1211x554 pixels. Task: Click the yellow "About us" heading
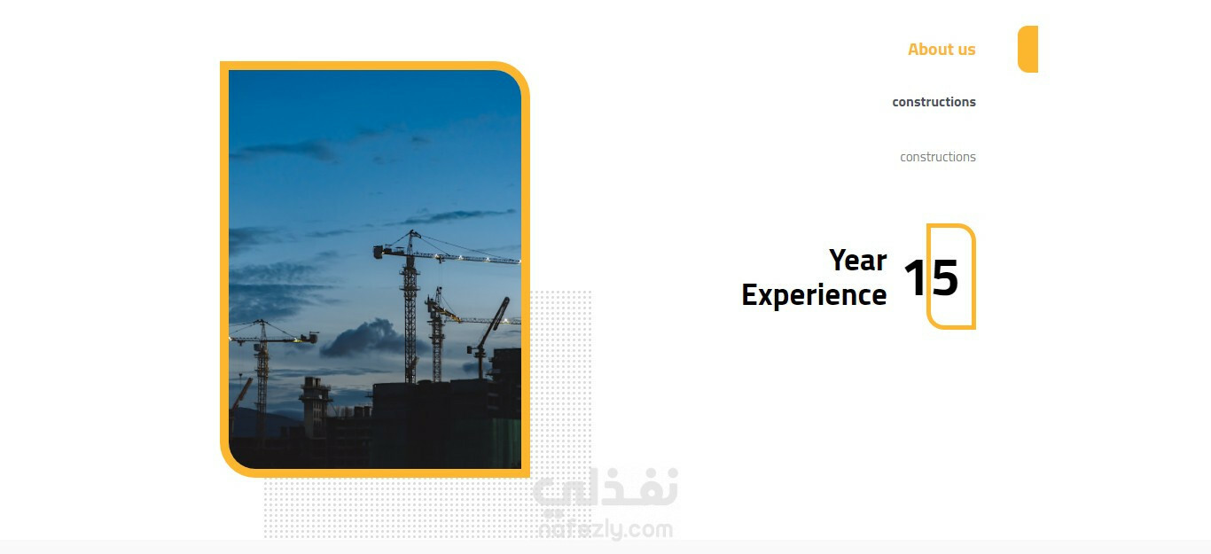click(941, 49)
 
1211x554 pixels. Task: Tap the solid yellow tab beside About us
click(1027, 49)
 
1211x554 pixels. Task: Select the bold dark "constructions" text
click(934, 102)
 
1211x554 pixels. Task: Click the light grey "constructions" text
click(937, 157)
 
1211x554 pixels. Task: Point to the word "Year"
click(858, 260)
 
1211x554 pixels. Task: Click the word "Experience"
click(814, 295)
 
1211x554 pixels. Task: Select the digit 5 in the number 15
click(944, 277)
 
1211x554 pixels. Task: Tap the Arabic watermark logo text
click(605, 489)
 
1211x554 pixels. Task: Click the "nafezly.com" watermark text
click(605, 528)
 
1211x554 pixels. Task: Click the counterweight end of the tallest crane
click(381, 252)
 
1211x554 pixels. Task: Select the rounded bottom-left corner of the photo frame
click(233, 464)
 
